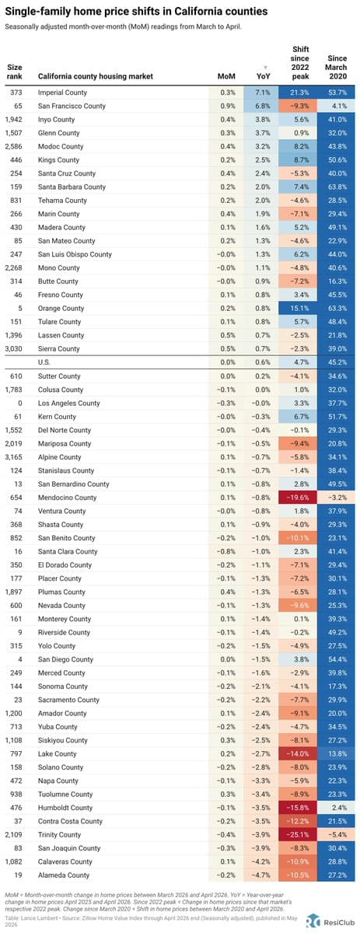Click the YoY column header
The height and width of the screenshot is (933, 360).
pos(264,76)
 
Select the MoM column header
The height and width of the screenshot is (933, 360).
pos(226,76)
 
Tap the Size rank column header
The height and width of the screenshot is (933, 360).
pos(15,72)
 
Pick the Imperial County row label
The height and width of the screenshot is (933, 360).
pos(62,93)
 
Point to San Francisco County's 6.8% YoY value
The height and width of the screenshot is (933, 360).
pos(263,106)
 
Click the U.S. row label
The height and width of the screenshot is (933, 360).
pos(44,362)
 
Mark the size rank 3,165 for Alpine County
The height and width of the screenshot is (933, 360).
pos(13,457)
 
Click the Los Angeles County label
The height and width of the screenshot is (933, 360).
pos(68,404)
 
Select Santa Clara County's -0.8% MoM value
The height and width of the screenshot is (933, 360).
pos(226,551)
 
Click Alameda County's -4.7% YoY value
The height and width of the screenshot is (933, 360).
pos(261,875)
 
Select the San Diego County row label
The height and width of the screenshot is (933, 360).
pos(65,659)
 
